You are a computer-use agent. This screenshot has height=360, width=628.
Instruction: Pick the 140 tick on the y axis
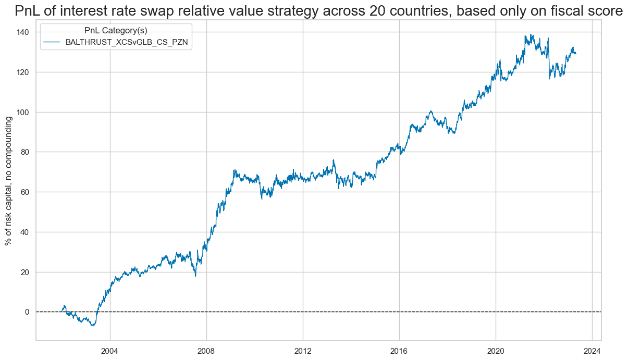tap(22, 32)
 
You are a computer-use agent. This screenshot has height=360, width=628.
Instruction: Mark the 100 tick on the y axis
tap(22, 112)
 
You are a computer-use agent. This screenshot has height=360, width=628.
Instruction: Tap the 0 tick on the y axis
tap(27, 312)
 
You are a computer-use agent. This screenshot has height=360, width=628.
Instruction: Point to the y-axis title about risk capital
tap(9, 180)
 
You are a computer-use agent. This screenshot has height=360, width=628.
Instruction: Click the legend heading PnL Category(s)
tap(116, 31)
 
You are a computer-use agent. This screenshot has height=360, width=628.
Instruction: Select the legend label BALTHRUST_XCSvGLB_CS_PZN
tap(127, 42)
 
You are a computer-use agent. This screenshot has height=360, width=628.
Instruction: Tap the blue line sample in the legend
tap(52, 42)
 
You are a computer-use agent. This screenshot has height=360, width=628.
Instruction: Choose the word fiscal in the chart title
tap(558, 11)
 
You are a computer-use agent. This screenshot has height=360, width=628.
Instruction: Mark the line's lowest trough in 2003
tap(93, 326)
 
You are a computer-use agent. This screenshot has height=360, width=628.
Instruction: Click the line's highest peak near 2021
tap(531, 35)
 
